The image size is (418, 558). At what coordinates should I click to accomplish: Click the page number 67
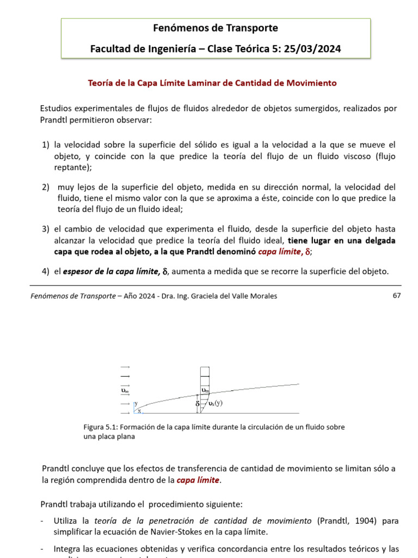396,295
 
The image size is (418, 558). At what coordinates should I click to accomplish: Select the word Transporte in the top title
254,28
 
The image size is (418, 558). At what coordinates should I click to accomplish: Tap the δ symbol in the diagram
198,405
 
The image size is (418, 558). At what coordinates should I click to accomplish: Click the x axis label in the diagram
139,411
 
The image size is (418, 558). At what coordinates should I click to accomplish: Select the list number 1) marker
46,144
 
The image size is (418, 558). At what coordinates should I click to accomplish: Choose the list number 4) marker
46,271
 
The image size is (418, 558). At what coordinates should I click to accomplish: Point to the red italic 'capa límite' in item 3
280,252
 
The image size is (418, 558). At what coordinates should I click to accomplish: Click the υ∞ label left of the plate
125,390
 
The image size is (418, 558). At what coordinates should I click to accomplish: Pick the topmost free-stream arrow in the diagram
125,367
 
